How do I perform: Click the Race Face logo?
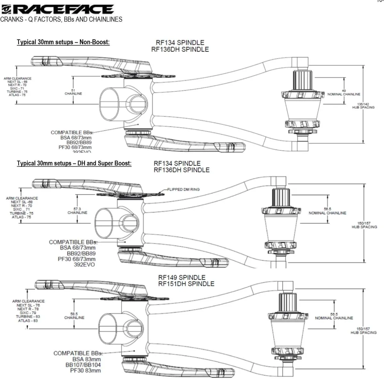58,9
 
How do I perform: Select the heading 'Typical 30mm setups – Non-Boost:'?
63,42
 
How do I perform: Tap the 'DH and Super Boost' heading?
74,163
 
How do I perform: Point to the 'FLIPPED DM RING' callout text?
183,189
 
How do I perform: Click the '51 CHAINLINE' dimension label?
73,92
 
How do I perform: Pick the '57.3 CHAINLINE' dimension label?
77,211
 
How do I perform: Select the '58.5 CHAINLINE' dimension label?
74,316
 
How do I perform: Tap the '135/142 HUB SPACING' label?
363,106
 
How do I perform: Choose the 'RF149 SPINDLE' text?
182,277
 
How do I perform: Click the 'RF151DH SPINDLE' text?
186,284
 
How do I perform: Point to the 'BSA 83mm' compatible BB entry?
86,359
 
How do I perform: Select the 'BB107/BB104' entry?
83,365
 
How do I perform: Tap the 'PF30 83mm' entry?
85,371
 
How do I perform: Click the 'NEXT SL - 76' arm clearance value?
28,305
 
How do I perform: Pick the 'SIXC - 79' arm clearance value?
28,313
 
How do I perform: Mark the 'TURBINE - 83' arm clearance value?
28,316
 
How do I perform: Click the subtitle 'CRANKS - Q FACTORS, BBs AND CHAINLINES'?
61,19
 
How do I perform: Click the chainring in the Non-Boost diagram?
138,76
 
